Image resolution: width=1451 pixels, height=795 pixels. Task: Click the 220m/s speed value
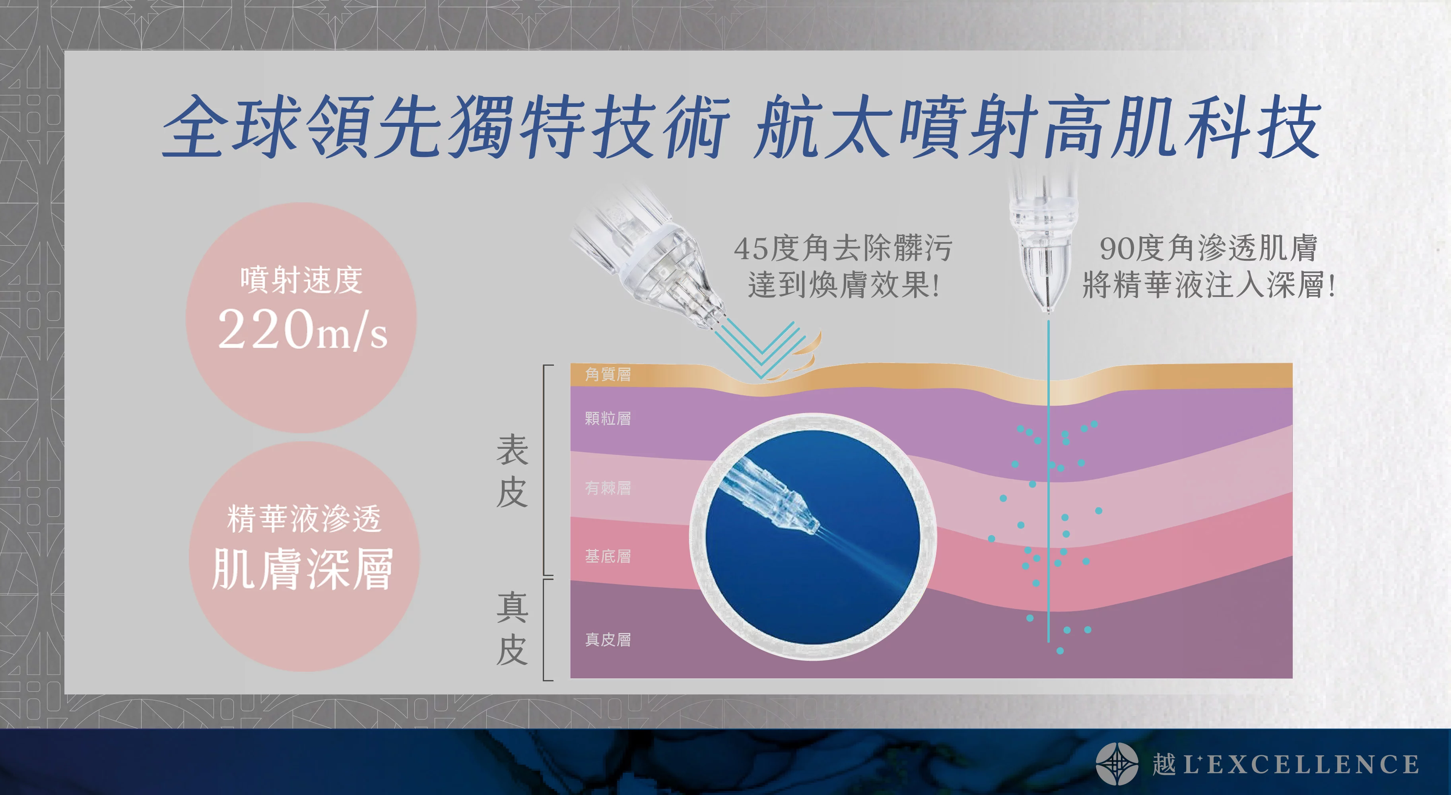303,330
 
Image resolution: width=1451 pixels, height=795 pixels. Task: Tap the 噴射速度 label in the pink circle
301,280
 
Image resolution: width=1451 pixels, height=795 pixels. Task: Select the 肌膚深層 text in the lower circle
303,569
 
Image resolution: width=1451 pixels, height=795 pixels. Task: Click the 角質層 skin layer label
608,374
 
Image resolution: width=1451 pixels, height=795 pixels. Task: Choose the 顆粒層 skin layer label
608,418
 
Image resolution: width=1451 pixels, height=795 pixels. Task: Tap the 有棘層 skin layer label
608,488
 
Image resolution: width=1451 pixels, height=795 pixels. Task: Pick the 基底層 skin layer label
608,556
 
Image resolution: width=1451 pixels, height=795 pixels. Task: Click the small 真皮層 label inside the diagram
608,640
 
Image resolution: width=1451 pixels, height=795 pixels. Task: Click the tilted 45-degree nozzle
648,253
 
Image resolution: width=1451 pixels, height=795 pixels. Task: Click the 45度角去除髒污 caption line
843,248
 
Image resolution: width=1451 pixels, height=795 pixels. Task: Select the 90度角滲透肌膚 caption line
1208,248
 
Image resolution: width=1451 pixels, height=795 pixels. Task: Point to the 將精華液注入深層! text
1208,285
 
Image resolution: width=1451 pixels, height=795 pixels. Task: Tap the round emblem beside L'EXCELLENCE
1117,764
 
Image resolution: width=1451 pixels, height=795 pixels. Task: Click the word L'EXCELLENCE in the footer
1301,765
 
